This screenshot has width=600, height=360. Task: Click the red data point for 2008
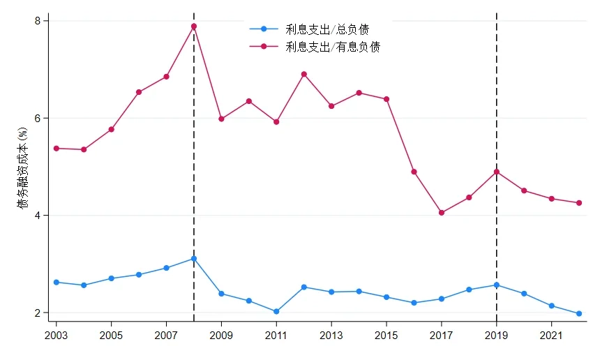point(194,27)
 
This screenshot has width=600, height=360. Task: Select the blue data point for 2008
point(194,259)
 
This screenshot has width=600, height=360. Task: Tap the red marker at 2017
point(442,213)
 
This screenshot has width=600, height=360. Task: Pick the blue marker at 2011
point(276,312)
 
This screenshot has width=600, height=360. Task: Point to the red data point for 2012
point(304,74)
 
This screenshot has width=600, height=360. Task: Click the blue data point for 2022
point(579,314)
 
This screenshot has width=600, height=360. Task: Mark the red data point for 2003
point(57,149)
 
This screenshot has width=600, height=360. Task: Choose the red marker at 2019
point(497,172)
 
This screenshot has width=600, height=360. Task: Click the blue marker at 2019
point(497,285)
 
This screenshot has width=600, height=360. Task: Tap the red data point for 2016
point(414,172)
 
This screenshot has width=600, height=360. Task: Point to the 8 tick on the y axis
point(38,21)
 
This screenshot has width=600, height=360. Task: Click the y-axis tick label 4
point(38,216)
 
